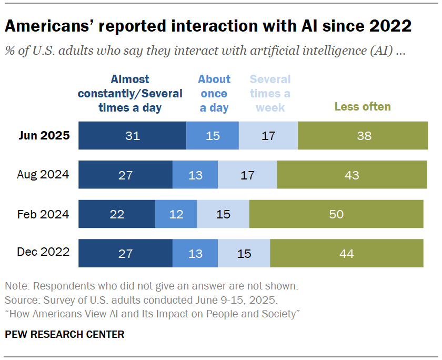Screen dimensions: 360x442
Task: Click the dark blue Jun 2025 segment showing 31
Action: (x=132, y=136)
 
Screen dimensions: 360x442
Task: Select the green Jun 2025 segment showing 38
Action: (x=363, y=136)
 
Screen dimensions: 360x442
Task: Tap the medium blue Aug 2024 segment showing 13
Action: (x=195, y=175)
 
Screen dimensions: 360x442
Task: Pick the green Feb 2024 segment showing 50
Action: (x=336, y=214)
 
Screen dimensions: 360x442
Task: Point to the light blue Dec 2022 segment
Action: (x=244, y=253)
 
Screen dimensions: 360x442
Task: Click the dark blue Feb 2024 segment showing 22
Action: (x=117, y=214)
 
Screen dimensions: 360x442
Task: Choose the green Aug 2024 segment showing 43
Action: (x=352, y=175)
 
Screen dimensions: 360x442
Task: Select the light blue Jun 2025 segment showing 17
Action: (x=268, y=136)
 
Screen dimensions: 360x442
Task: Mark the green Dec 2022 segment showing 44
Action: (x=347, y=253)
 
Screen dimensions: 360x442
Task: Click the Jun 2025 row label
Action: (x=45, y=135)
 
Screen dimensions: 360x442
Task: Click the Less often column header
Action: (x=363, y=107)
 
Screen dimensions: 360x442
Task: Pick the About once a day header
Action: (x=214, y=94)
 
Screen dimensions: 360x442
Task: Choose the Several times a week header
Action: (x=270, y=94)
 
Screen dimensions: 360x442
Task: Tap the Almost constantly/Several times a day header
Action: (x=130, y=94)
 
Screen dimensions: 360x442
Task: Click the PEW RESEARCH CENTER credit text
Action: (x=65, y=334)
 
